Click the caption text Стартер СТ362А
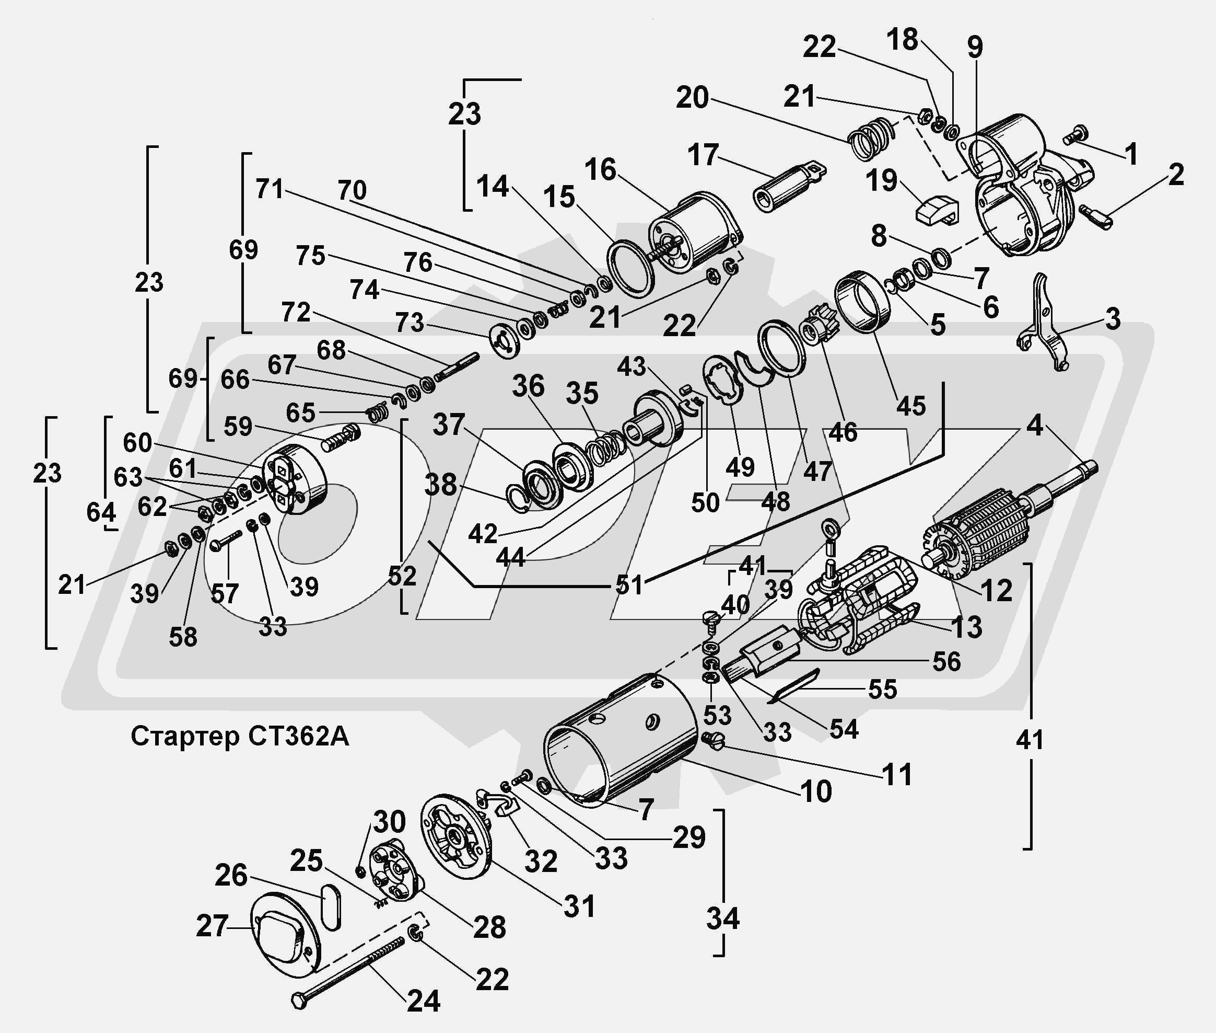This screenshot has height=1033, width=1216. [239, 736]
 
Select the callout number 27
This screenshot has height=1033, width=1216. [212, 926]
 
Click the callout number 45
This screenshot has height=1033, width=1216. [910, 406]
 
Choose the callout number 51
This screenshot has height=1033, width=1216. [629, 584]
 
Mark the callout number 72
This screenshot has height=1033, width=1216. [296, 312]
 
